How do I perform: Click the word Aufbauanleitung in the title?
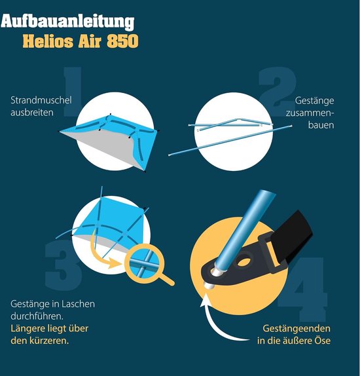(x=67, y=22)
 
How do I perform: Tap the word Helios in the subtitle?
(x=48, y=41)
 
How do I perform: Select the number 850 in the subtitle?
(x=122, y=41)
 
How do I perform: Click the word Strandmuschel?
(x=41, y=100)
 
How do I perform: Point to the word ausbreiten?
(x=32, y=113)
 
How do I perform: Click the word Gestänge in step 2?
(x=314, y=101)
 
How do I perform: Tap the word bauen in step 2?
(x=321, y=125)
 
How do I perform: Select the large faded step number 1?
(x=73, y=92)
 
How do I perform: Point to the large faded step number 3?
(x=63, y=265)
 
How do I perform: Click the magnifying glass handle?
(x=166, y=279)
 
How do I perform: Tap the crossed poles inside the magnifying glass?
(x=143, y=263)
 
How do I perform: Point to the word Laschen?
(x=78, y=304)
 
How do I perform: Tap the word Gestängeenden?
(x=297, y=329)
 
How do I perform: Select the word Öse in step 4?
(x=323, y=341)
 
